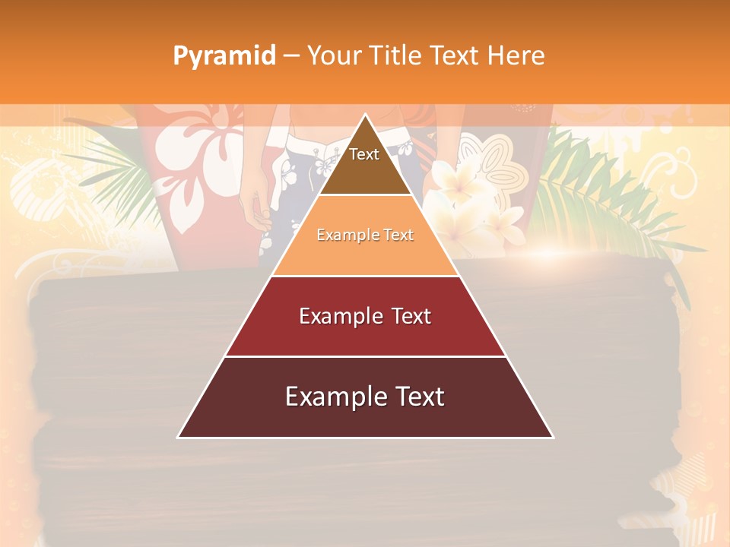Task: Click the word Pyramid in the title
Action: tap(224, 55)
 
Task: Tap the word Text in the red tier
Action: tap(411, 316)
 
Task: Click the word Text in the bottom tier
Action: tap(420, 397)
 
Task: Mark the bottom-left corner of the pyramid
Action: tap(179, 437)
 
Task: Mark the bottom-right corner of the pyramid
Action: tap(552, 437)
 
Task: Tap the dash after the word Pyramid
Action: tap(291, 55)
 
